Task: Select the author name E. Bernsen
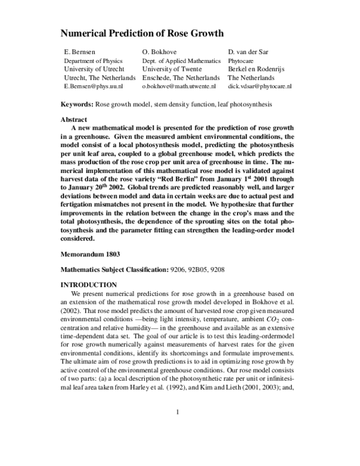[81, 52]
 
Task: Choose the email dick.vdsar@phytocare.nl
[260, 86]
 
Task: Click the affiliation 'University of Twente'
[173, 69]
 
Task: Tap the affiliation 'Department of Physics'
[93, 61]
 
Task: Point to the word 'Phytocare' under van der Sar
[244, 61]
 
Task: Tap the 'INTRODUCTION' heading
[89, 284]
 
